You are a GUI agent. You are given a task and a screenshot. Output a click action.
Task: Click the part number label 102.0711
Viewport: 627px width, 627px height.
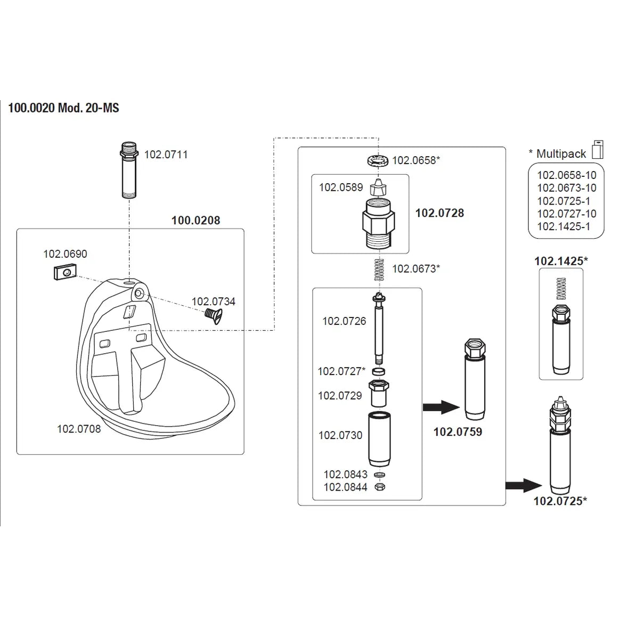point(166,154)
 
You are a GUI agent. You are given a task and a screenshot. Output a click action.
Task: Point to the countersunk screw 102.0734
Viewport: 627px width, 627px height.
point(214,316)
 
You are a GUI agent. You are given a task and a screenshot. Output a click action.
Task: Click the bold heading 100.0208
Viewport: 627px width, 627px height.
point(196,221)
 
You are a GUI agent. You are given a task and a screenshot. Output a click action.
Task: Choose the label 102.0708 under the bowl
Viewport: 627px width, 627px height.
point(79,429)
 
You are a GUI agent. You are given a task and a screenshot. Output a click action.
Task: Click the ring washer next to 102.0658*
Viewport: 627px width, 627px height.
point(378,160)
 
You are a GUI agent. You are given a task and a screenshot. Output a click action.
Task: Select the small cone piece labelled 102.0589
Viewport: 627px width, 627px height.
point(378,189)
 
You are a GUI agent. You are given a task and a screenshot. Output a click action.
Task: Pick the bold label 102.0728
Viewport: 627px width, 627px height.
point(439,213)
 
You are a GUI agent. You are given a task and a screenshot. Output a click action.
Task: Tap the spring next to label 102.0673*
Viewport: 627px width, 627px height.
point(379,269)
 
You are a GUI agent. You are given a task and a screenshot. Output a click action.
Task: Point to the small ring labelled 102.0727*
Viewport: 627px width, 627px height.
point(379,371)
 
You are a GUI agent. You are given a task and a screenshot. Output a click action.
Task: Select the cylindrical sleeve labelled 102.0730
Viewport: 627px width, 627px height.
point(379,439)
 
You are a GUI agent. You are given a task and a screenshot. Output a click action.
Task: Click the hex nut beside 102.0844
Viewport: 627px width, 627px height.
point(380,487)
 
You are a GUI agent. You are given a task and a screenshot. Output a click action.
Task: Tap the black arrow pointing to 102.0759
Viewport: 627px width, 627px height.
point(442,408)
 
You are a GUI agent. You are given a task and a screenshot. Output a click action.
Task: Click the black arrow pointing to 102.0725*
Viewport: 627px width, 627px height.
point(524,485)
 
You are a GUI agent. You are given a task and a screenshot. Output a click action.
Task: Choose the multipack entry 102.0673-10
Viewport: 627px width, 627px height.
point(567,188)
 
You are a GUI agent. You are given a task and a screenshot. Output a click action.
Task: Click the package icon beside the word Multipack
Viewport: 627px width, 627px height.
point(597,150)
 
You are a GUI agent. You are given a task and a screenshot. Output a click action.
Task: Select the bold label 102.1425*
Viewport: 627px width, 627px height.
point(561,261)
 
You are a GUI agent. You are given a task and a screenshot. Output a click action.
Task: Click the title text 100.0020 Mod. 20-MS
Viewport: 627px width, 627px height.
point(63,108)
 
